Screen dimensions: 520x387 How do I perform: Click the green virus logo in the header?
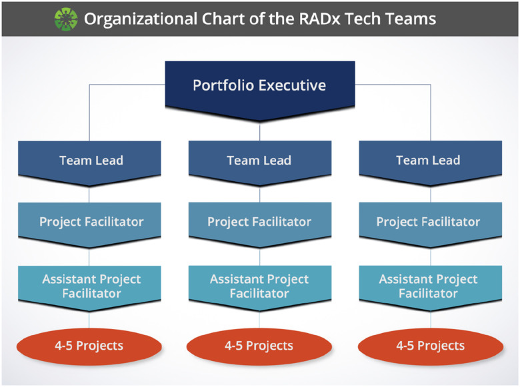coord(66,19)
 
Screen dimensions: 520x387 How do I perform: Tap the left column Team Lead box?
coord(89,163)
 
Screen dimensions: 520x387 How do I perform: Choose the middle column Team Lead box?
coord(260,163)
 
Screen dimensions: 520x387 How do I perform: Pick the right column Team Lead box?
coord(431,163)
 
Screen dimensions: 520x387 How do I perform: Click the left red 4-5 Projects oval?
coord(89,346)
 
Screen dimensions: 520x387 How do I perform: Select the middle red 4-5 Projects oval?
coord(259,346)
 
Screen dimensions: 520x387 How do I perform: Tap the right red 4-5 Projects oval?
coord(431,346)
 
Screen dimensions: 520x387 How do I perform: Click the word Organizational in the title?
coord(141,19)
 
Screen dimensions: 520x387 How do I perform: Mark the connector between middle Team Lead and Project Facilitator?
coord(260,194)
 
